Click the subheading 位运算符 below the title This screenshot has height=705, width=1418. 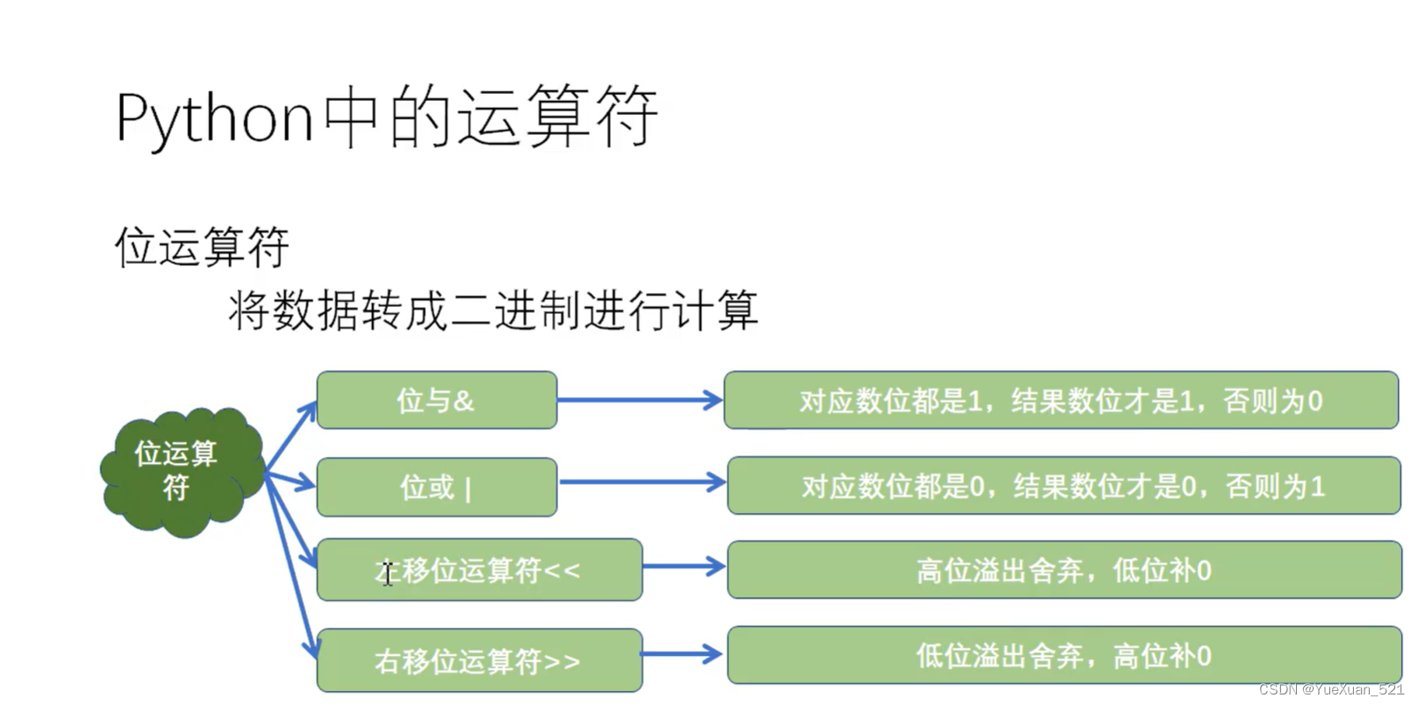[202, 246]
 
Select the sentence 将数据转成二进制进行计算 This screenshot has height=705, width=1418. [493, 310]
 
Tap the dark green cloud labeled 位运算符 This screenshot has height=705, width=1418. [180, 471]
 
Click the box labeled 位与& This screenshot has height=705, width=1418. [436, 401]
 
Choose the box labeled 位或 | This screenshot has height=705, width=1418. [436, 487]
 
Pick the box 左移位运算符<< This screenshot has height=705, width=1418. [479, 571]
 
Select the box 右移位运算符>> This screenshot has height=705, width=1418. [479, 660]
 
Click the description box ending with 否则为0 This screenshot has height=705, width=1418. [1060, 401]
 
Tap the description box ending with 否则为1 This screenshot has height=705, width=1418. [1063, 486]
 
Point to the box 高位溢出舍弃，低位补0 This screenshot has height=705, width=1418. [1063, 570]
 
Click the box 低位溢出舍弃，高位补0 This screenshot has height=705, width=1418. [1063, 655]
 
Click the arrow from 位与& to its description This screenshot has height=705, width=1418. [639, 401]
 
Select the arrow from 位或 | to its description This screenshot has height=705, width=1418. [641, 482]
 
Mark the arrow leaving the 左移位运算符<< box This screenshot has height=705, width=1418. [683, 566]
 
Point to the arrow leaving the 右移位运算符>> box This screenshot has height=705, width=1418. [681, 654]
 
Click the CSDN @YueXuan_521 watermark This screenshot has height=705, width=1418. [1330, 690]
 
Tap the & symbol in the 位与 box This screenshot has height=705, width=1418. [464, 402]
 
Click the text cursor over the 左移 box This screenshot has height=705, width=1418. [387, 573]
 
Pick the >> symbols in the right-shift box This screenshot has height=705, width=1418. [562, 662]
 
